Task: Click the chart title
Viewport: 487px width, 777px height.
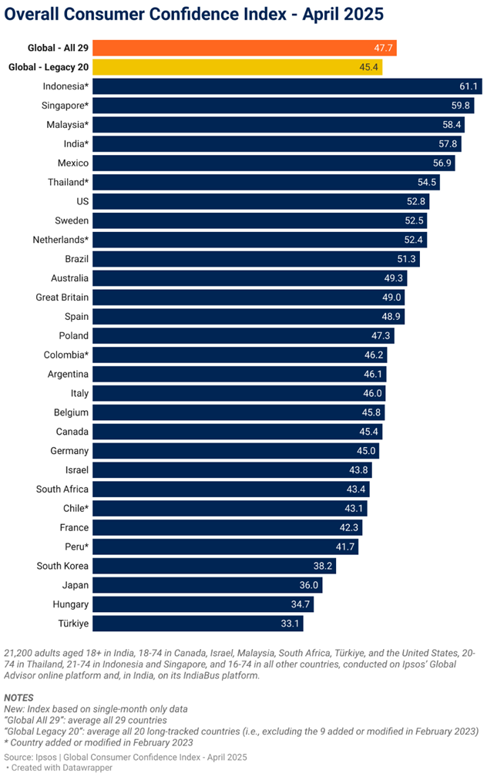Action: point(194,15)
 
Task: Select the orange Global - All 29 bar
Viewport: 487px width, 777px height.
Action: point(231,48)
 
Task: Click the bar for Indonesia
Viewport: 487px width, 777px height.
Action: point(277,86)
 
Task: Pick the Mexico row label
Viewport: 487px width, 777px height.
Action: point(72,163)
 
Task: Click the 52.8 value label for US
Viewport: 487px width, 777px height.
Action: point(416,201)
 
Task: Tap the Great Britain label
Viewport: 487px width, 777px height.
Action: point(62,298)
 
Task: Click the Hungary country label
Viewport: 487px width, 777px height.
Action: point(70,604)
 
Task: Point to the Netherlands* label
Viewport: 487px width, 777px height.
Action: point(60,240)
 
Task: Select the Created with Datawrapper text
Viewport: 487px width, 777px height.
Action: point(61,769)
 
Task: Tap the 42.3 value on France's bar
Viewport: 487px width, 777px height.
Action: point(350,528)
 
